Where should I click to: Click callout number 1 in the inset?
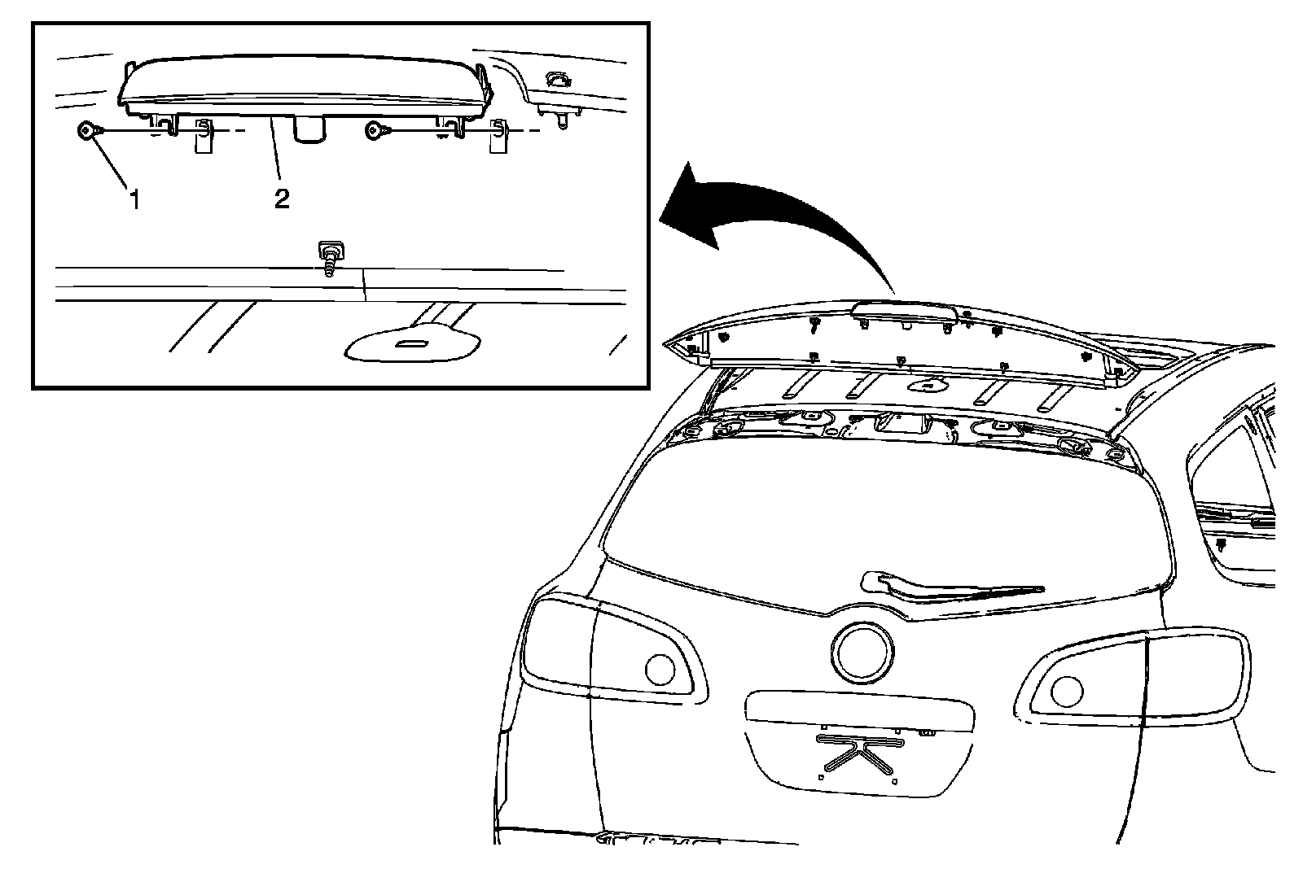(x=135, y=199)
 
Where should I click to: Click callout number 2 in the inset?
(x=282, y=199)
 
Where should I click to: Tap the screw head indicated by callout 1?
(x=86, y=130)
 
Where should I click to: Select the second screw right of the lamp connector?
(x=375, y=130)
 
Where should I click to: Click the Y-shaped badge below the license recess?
(x=861, y=753)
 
